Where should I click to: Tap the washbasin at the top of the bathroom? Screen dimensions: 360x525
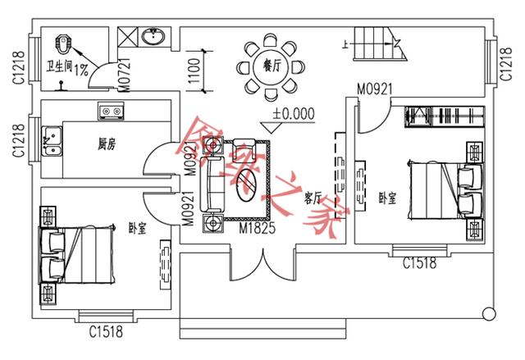(153, 37)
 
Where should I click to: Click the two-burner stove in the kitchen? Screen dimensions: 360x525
(110, 109)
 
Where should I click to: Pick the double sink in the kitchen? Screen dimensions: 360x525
(54, 141)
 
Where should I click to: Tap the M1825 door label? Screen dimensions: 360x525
(256, 226)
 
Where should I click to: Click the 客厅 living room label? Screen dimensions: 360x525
(311, 198)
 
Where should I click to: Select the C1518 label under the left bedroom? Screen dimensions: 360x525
(106, 331)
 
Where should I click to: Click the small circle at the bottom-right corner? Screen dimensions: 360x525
(489, 312)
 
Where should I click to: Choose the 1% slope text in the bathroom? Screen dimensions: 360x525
(81, 70)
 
